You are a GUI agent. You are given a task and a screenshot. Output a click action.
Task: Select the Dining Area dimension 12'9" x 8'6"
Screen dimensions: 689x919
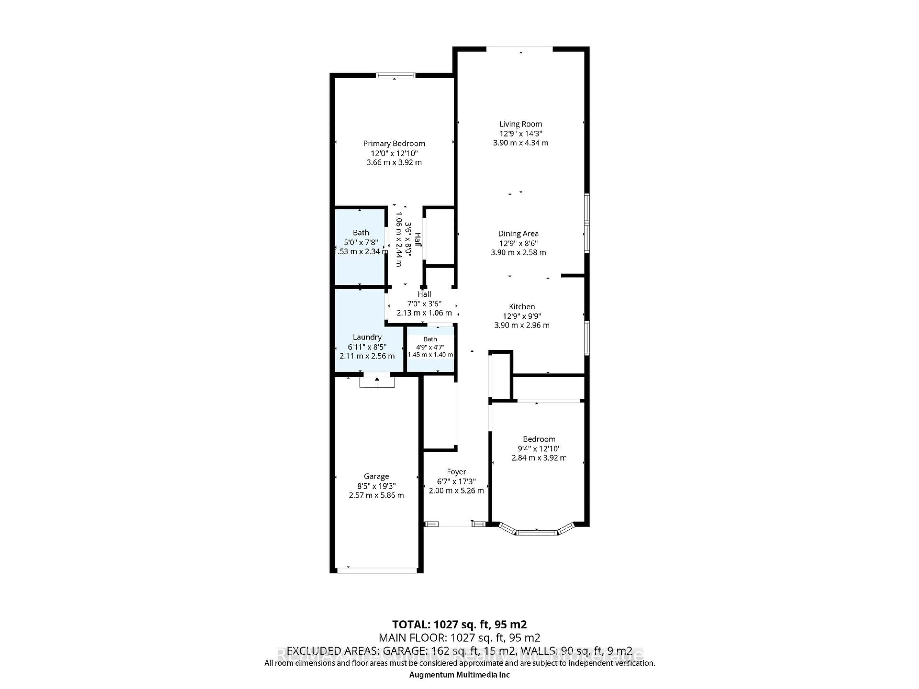518,243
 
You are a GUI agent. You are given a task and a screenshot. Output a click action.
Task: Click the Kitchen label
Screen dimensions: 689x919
521,306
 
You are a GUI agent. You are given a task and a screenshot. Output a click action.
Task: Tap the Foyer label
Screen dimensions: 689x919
456,472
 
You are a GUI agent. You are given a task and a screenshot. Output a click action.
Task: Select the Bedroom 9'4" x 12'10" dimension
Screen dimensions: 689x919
539,449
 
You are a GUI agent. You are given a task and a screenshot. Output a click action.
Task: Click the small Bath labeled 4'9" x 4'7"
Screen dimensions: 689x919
430,347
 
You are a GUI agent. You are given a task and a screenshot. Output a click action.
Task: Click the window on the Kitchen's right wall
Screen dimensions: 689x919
587,337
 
